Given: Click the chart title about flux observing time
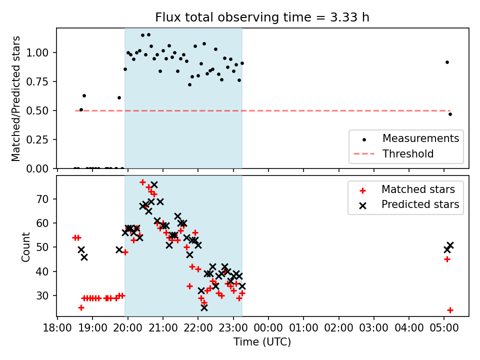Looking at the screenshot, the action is (x=262, y=17).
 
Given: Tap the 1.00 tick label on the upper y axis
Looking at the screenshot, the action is (x=37, y=52).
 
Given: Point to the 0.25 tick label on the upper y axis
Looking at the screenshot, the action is (x=37, y=139).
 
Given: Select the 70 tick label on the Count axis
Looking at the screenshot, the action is (x=42, y=199).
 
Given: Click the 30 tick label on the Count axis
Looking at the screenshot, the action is (x=42, y=295).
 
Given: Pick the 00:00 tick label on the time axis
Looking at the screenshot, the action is (x=268, y=328).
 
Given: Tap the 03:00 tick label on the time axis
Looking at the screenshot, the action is (x=374, y=328).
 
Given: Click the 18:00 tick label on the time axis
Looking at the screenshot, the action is (x=57, y=328).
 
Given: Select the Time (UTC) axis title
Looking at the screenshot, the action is (x=262, y=341).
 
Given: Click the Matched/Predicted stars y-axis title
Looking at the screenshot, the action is (x=15, y=98).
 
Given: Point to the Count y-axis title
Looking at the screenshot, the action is (x=25, y=246).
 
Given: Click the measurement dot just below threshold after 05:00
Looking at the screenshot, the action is (x=450, y=114).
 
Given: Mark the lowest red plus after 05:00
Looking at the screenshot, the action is (x=450, y=310).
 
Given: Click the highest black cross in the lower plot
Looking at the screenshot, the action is (x=154, y=184).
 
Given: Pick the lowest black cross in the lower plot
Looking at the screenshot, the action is (x=204, y=307).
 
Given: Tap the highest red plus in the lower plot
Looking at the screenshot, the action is (x=142, y=182).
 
